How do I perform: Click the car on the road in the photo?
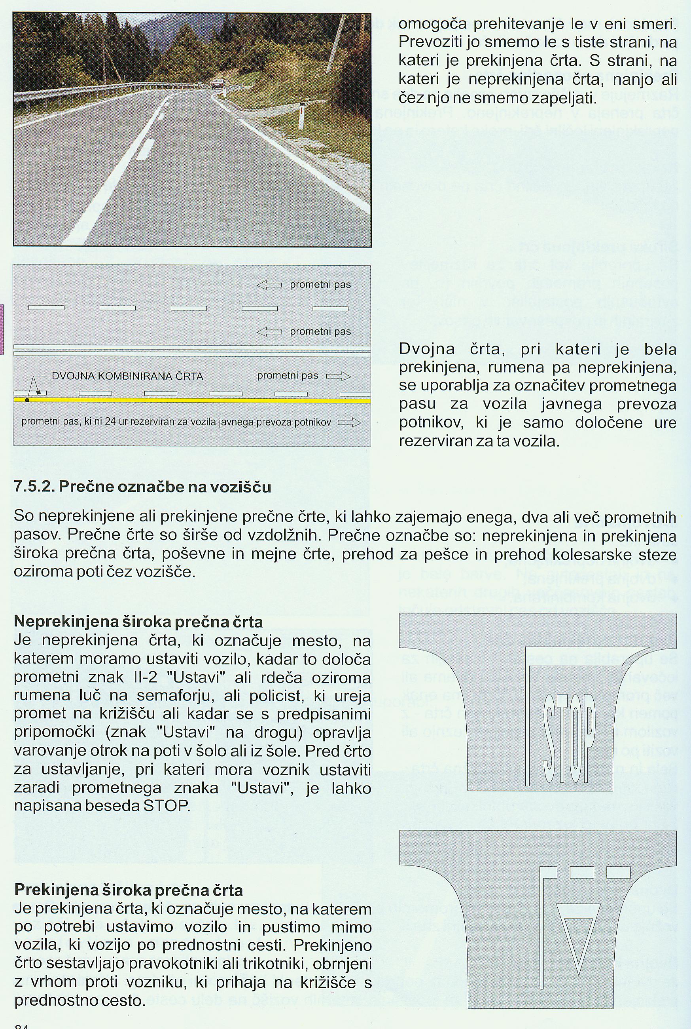(x=217, y=84)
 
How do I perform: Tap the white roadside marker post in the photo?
(x=301, y=114)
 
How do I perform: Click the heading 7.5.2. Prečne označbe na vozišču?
(x=142, y=487)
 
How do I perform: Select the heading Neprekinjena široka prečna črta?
(x=138, y=622)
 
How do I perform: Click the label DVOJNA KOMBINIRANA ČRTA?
(x=127, y=376)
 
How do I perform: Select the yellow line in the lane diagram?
(x=192, y=401)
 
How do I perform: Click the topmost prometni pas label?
(x=320, y=285)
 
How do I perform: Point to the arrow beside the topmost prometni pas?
(x=269, y=285)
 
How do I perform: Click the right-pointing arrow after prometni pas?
(x=338, y=376)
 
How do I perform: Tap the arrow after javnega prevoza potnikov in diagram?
(x=349, y=422)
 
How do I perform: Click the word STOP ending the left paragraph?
(x=167, y=806)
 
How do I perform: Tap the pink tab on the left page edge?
(x=2, y=329)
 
